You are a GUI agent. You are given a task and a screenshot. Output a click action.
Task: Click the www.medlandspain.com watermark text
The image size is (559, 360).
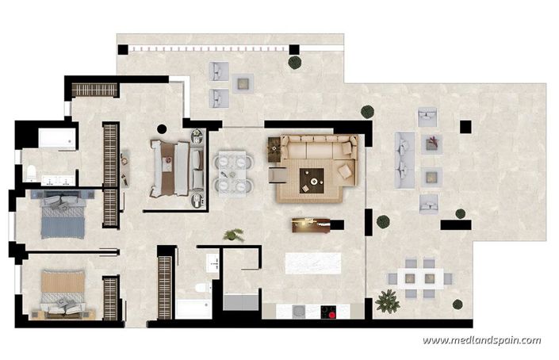481,341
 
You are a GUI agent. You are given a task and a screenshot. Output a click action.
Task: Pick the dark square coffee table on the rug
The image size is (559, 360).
315,180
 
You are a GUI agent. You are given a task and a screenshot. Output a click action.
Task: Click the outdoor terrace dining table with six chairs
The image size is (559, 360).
417,278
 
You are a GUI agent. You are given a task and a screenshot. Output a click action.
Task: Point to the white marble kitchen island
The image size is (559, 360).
313,262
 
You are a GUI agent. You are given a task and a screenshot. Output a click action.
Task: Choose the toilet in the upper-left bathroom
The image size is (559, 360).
30,174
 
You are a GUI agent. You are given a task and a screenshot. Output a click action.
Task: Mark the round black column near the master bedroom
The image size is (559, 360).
162,128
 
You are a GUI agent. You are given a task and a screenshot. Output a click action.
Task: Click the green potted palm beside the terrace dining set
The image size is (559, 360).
388,301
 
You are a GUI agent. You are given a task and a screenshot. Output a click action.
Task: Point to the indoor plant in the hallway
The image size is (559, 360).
234,235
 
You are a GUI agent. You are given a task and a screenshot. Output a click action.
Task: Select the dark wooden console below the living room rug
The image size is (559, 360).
311,226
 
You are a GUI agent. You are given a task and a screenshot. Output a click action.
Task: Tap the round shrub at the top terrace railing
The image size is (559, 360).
295,62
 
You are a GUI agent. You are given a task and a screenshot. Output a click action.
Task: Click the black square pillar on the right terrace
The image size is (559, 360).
465,125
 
